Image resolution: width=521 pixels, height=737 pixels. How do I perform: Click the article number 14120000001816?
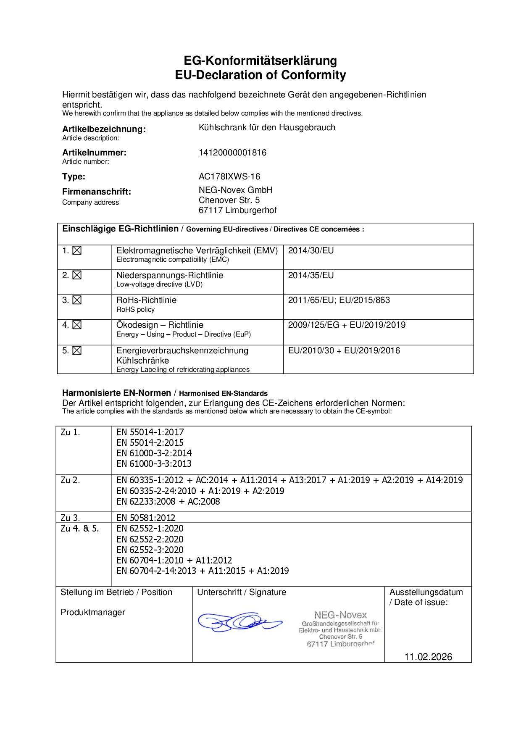point(232,153)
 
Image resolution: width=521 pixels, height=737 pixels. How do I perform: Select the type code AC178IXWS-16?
point(229,176)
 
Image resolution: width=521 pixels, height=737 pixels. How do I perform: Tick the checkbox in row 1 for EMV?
point(77,251)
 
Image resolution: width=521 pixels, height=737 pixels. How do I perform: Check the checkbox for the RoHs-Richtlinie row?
point(77,300)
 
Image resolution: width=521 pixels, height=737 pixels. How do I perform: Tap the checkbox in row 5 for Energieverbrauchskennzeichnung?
point(77,350)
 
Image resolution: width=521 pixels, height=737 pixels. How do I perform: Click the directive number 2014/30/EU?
point(311,251)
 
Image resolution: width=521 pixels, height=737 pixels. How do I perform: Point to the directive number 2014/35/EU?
point(311,276)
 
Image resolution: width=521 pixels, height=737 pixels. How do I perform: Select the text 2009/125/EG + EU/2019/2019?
point(347,325)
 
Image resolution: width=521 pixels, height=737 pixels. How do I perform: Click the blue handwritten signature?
point(239,621)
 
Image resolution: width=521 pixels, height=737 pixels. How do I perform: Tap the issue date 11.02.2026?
point(428,657)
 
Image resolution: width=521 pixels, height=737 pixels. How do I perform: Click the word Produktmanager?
point(93,612)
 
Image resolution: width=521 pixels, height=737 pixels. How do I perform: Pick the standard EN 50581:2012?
point(146,518)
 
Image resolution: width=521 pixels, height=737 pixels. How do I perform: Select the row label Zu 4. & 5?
point(80,529)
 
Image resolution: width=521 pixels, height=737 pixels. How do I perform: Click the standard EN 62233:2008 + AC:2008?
point(168,501)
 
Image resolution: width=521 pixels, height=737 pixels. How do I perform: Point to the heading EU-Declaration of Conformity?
point(260,75)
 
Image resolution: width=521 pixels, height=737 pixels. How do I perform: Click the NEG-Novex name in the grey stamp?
point(340,615)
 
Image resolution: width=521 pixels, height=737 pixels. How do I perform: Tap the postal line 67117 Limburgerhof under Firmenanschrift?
point(237,210)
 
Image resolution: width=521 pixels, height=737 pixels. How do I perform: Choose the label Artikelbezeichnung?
point(104,129)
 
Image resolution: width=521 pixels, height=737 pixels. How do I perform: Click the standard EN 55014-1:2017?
point(150,432)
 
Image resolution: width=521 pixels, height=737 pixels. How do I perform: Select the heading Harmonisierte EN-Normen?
point(116,393)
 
